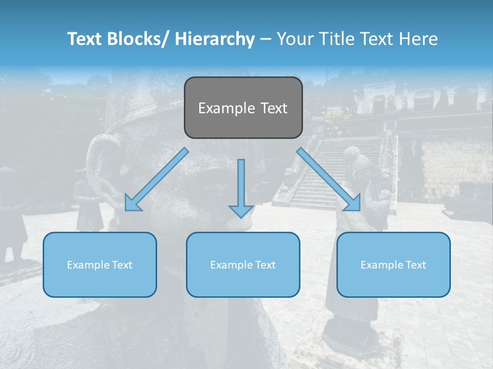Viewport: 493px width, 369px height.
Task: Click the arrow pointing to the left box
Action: point(157,179)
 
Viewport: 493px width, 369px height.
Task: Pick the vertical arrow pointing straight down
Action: point(241,187)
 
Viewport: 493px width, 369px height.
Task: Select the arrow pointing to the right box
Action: point(329,179)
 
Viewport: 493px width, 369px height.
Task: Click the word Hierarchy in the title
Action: point(215,39)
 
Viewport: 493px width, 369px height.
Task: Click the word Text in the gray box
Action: point(273,108)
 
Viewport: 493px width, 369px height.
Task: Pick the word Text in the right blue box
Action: point(415,265)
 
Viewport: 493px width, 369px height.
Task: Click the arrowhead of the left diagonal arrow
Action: point(131,203)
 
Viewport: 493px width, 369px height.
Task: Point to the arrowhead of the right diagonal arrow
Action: point(354,203)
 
